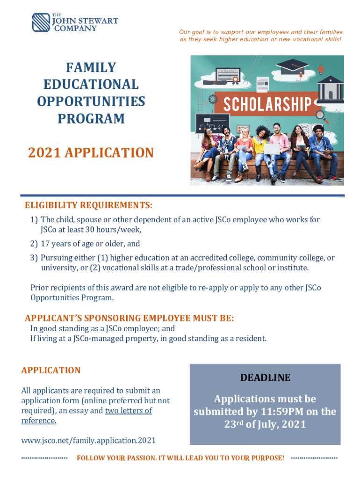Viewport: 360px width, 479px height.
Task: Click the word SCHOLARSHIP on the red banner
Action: pyautogui.click(x=264, y=104)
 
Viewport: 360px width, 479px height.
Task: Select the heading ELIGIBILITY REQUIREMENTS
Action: pyautogui.click(x=88, y=206)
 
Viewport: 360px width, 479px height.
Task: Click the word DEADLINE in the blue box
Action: pyautogui.click(x=265, y=377)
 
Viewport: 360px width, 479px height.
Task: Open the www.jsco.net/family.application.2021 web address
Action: pyautogui.click(x=88, y=440)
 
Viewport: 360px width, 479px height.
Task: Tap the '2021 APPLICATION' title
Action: pyautogui.click(x=91, y=152)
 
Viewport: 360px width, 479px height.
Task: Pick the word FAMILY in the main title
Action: pyautogui.click(x=91, y=67)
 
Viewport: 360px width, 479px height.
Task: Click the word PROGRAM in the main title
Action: pyautogui.click(x=91, y=119)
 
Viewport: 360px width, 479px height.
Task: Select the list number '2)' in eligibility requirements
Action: pyautogui.click(x=34, y=244)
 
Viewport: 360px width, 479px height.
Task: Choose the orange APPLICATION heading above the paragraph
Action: pyautogui.click(x=51, y=370)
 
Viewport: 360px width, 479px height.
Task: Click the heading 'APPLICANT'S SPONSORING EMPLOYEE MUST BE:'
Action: pyautogui.click(x=129, y=319)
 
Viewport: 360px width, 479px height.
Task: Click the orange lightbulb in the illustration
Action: pyautogui.click(x=321, y=69)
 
